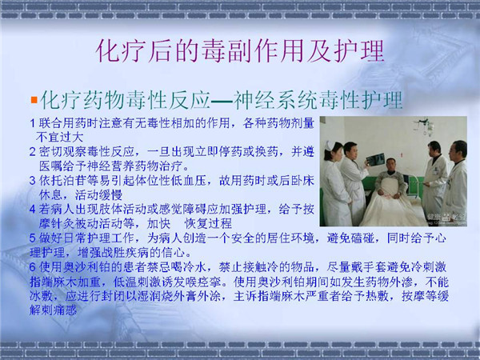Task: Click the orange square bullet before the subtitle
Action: point(34,100)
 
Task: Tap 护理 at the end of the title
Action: point(358,51)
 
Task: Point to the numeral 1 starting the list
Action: point(33,123)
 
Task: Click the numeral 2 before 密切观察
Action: point(33,151)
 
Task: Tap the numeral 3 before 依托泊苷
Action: point(33,180)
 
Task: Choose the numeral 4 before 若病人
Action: point(33,209)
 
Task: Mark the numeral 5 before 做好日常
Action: point(33,238)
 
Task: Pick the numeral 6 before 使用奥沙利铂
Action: point(33,267)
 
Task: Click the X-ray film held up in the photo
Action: point(376,159)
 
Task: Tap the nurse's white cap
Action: point(331,145)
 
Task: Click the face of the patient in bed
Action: point(391,166)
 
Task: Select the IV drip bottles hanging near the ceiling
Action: point(425,126)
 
